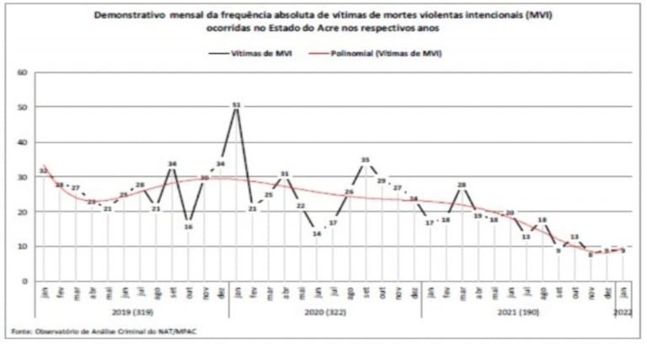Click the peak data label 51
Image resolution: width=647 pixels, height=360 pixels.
[236, 105]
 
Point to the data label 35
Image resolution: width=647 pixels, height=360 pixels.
[365, 159]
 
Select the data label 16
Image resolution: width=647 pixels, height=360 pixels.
[189, 225]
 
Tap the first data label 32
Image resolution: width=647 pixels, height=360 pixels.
[44, 170]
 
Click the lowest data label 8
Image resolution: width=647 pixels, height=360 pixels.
[591, 253]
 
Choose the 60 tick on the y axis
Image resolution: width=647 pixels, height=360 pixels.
[25, 73]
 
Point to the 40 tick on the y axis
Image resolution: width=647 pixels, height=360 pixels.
[25, 142]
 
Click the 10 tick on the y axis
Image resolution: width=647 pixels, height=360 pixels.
[25, 246]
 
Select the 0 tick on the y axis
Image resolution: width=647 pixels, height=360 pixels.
[27, 281]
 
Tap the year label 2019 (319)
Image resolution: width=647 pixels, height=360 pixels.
[132, 310]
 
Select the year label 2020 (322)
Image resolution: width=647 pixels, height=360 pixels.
[324, 310]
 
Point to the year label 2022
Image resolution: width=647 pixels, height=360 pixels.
[622, 310]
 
